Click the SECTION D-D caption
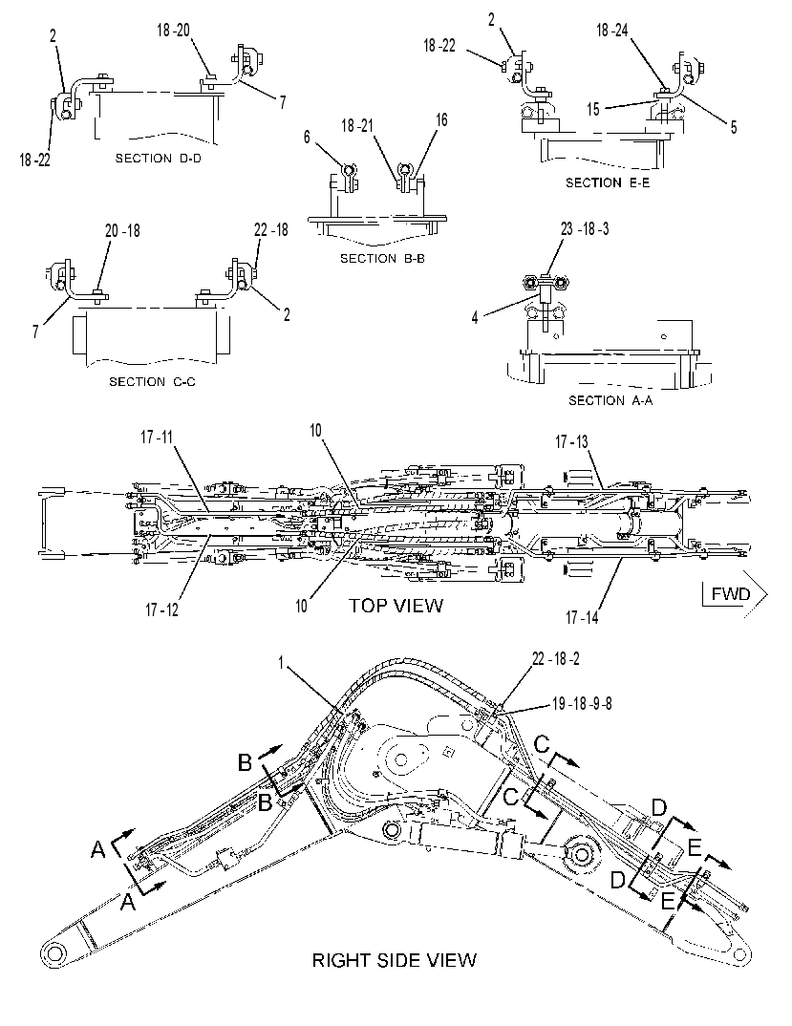click(159, 159)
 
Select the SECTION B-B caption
click(382, 259)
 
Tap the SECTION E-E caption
click(608, 182)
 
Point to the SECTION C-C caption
click(152, 381)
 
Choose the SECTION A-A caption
click(610, 400)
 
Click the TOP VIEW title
click(396, 606)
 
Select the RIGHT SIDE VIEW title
click(394, 960)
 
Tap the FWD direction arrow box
click(735, 594)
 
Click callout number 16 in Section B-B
click(441, 119)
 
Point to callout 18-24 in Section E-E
click(612, 31)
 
